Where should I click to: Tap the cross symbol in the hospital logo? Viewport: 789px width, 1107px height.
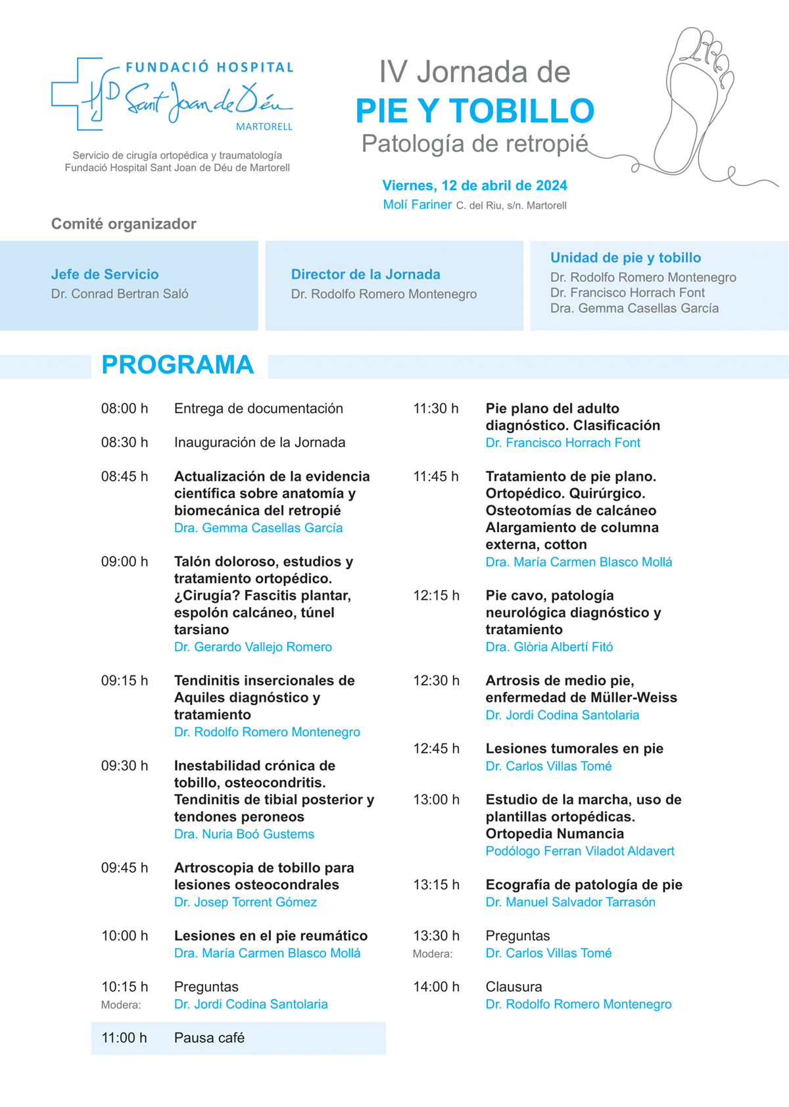click(x=78, y=93)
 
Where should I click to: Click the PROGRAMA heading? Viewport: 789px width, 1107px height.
click(x=178, y=365)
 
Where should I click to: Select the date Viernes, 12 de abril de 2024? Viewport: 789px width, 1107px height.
click(x=475, y=185)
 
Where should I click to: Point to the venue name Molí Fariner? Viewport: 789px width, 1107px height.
click(x=417, y=205)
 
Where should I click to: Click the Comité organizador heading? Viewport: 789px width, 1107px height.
click(x=124, y=224)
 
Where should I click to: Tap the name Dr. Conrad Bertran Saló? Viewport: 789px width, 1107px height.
click(x=120, y=294)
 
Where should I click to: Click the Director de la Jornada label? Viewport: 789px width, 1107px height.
click(x=366, y=274)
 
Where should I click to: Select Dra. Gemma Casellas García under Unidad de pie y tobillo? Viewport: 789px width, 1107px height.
click(x=634, y=308)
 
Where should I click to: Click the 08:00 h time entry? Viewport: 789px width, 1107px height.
click(x=124, y=408)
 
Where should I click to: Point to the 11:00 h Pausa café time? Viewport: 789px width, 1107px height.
click(x=124, y=1038)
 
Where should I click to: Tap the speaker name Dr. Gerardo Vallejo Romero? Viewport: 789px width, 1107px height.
click(x=252, y=647)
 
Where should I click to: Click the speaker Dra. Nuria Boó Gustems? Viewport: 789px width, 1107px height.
click(x=244, y=834)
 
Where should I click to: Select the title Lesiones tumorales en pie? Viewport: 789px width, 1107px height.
click(x=574, y=749)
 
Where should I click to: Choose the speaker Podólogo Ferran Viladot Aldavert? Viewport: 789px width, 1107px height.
click(x=579, y=851)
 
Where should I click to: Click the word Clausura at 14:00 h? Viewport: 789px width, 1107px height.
click(x=514, y=987)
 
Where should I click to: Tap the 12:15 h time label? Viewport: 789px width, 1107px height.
click(x=436, y=595)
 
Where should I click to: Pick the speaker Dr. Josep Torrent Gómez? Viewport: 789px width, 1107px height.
click(x=245, y=902)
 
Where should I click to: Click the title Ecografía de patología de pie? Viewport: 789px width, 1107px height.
click(x=584, y=885)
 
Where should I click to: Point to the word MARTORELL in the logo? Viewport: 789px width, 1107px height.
click(x=264, y=126)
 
